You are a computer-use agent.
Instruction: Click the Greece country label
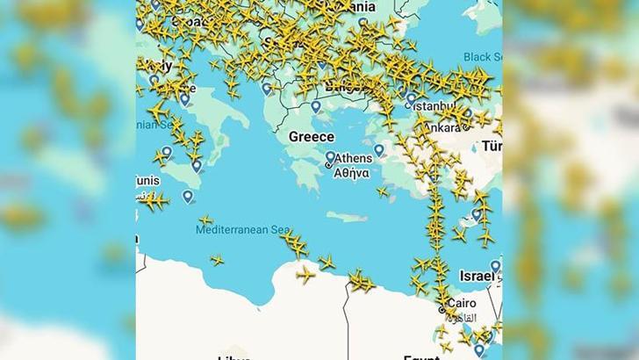tap(312, 137)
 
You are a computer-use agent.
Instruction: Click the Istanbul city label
tap(436, 105)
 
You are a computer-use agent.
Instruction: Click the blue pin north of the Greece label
tap(316, 107)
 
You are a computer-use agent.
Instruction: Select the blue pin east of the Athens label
tap(379, 150)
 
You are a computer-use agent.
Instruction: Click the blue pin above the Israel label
tap(495, 266)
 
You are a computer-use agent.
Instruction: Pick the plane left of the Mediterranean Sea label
tap(205, 220)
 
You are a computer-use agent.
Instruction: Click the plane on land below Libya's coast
tap(305, 275)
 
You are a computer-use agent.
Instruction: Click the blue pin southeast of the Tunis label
tap(187, 197)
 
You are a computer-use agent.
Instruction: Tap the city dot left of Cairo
tap(442, 309)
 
